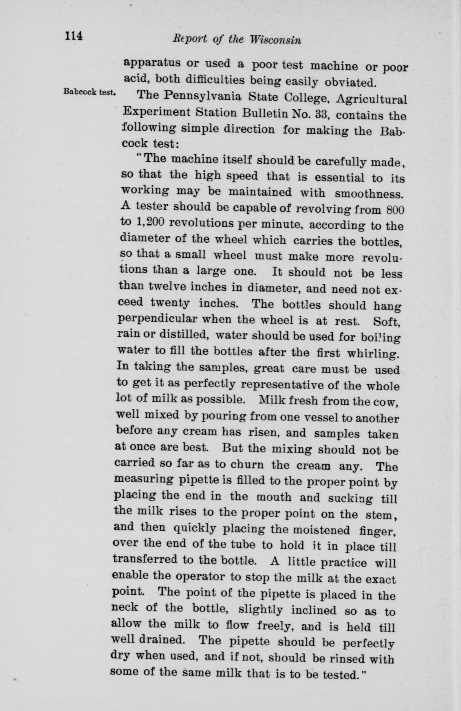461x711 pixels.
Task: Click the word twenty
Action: pos(170,303)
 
